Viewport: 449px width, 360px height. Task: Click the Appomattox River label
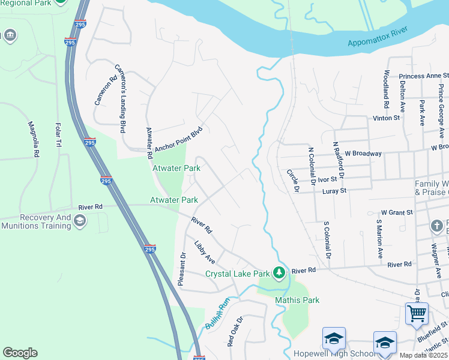click(378, 37)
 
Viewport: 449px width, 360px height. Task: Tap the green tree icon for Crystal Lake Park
click(279, 273)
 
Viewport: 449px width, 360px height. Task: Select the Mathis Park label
click(297, 300)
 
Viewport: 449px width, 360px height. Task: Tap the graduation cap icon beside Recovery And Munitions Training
click(79, 221)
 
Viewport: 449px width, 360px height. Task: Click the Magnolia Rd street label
click(34, 139)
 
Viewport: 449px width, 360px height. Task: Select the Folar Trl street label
click(58, 134)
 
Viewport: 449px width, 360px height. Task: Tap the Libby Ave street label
click(205, 252)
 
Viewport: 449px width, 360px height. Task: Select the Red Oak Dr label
click(234, 332)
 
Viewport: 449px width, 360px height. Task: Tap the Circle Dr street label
click(293, 181)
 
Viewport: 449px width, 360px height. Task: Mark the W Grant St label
click(397, 212)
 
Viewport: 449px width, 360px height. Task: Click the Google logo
click(20, 353)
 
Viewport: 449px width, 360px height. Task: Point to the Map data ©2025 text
click(424, 355)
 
